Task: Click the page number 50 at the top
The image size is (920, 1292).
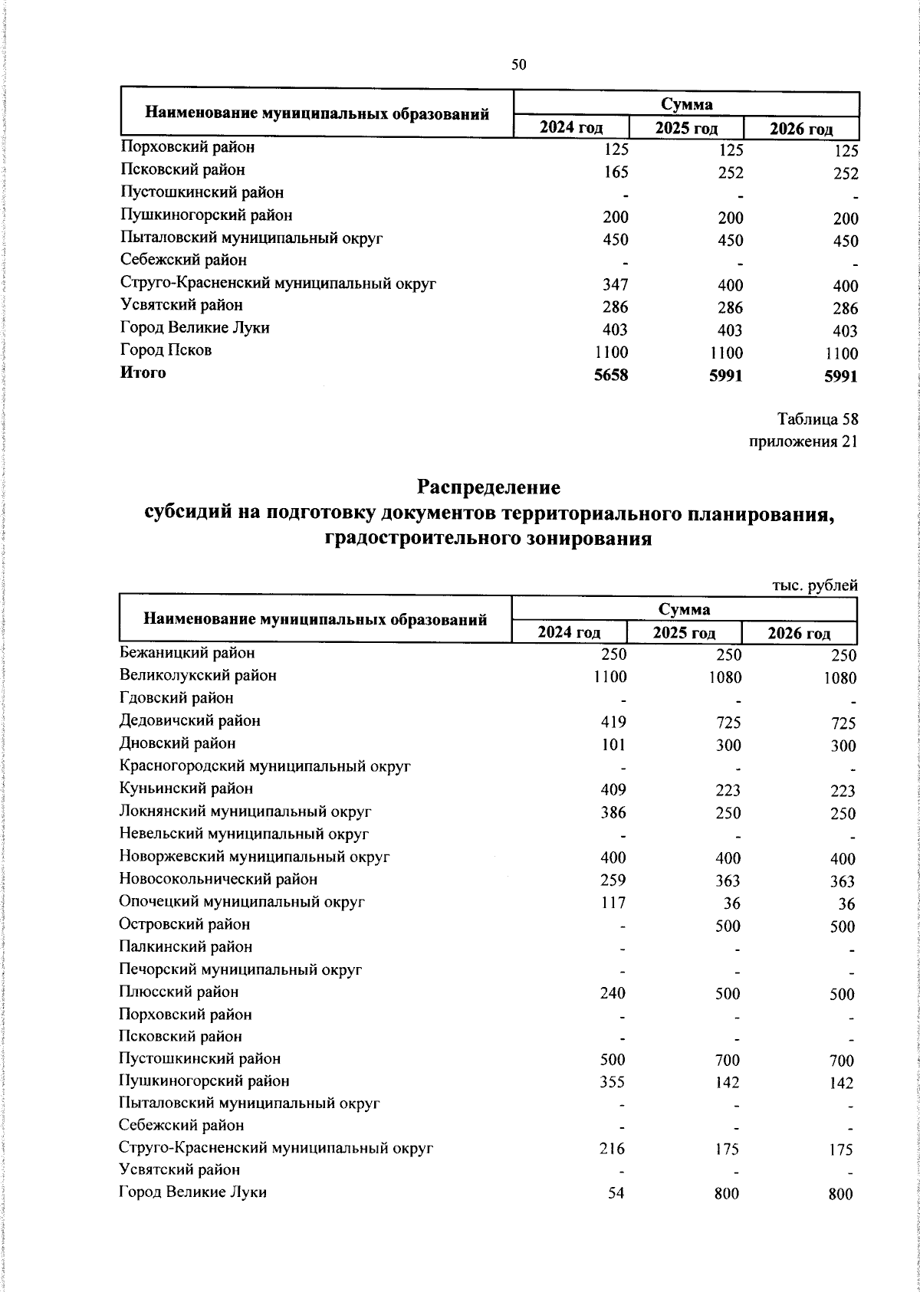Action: (x=519, y=65)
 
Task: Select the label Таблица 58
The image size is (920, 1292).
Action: (x=817, y=419)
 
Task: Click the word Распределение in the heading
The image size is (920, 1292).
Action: (x=488, y=487)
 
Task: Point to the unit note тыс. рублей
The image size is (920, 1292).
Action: (x=814, y=585)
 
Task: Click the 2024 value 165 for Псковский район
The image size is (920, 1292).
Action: (x=615, y=173)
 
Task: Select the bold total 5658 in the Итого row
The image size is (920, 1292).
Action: (x=611, y=375)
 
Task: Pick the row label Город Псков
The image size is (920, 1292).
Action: (x=166, y=350)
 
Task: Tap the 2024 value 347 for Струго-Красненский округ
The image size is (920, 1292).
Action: (x=615, y=286)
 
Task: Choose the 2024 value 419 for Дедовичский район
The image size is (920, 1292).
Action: (x=613, y=722)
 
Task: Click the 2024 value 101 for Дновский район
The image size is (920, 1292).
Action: (x=613, y=745)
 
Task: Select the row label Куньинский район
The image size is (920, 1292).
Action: (x=186, y=789)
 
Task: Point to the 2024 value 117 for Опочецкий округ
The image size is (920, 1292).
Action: (x=613, y=903)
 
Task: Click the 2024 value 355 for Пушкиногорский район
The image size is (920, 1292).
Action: (x=613, y=1083)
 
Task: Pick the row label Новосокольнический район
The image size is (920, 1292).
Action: (x=218, y=879)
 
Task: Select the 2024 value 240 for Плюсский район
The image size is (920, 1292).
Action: (x=613, y=993)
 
